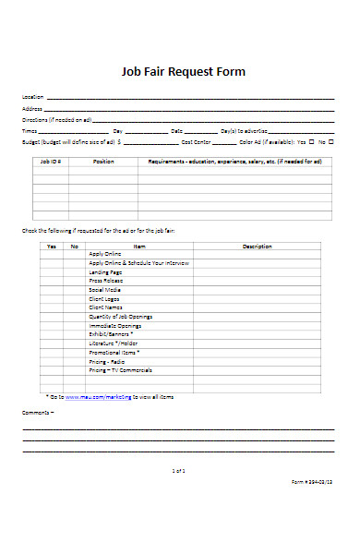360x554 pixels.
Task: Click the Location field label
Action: pyautogui.click(x=32, y=97)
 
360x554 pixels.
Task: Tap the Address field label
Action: pyautogui.click(x=31, y=108)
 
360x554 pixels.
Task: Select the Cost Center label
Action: pyautogui.click(x=197, y=142)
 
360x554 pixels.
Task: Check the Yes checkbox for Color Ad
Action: pyautogui.click(x=311, y=142)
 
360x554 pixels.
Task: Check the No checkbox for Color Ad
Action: pyautogui.click(x=331, y=142)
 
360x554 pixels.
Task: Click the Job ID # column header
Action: pyautogui.click(x=51, y=161)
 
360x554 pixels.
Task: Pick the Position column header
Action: pyautogui.click(x=103, y=161)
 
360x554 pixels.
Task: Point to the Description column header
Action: pyautogui.click(x=257, y=247)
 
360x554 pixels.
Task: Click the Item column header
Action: pyautogui.click(x=139, y=247)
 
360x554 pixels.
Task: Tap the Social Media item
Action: pyautogui.click(x=104, y=290)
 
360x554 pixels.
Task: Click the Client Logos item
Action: pyautogui.click(x=104, y=299)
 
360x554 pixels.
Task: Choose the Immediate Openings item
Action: pyautogui.click(x=114, y=326)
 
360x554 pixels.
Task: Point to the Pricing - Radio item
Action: pyautogui.click(x=107, y=360)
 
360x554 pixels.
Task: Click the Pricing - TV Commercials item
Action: pyautogui.click(x=121, y=369)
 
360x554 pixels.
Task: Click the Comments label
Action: pyautogui.click(x=38, y=412)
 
